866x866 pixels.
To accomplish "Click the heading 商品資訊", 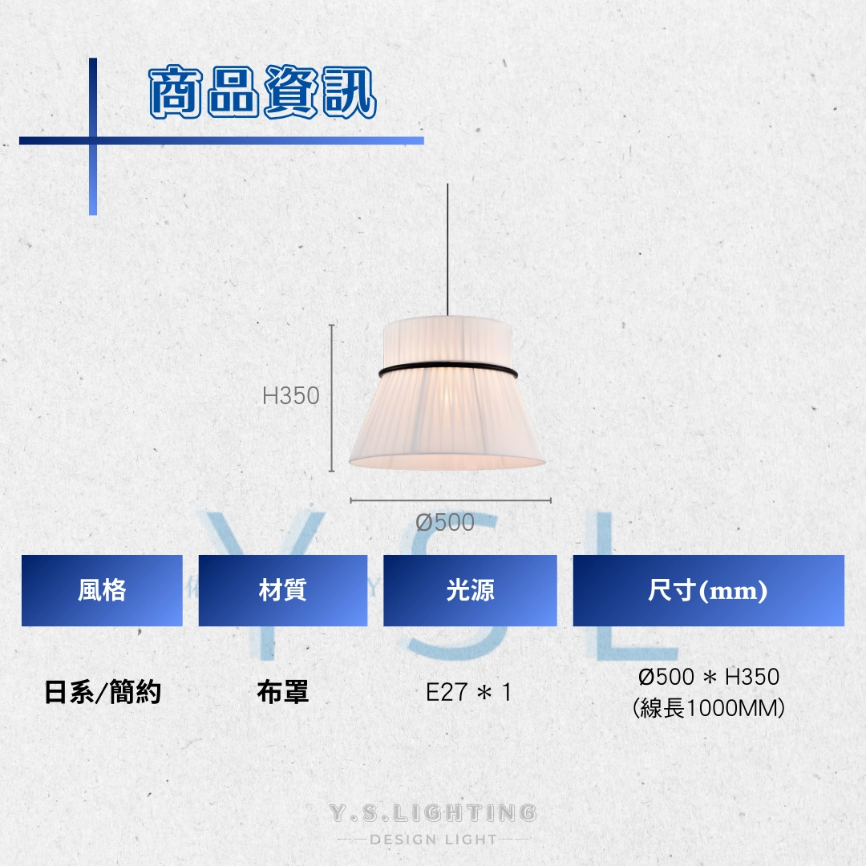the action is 263,91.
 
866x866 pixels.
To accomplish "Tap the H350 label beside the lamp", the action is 290,395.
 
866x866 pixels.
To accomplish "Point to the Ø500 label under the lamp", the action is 445,522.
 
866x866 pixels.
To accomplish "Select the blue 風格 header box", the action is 102,590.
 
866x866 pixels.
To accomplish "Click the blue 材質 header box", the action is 283,590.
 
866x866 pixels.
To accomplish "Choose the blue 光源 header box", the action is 470,590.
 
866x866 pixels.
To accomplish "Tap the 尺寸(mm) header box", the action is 709,590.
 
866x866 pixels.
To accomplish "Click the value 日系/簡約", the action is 103,692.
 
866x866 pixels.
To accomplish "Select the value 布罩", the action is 283,692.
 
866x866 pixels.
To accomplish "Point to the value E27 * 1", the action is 469,692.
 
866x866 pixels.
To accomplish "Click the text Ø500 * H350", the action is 709,677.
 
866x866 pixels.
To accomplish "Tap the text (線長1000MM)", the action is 709,707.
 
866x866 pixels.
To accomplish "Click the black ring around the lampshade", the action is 448,368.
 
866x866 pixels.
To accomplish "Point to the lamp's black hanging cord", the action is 447,250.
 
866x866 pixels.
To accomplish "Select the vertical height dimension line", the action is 331,399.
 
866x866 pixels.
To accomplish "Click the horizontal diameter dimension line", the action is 451,501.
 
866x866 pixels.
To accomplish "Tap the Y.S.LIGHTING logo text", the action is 433,813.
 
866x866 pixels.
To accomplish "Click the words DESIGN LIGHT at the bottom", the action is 434,840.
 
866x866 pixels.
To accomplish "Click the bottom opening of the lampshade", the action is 447,462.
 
